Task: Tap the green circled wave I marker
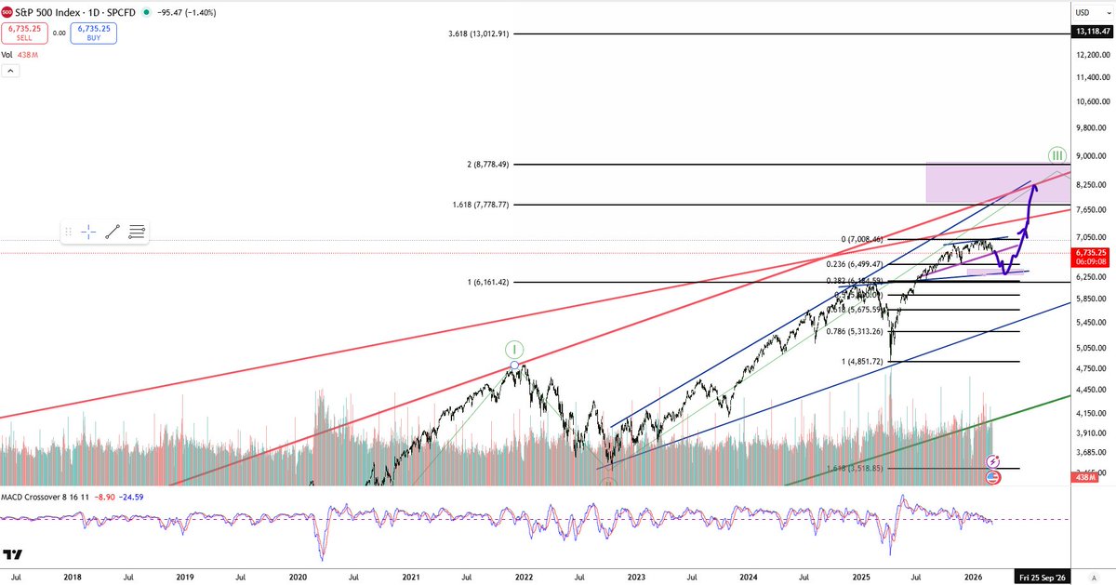[x=515, y=350]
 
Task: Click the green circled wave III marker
[x=1056, y=154]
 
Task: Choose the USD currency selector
[x=1083, y=13]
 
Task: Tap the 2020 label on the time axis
[x=298, y=577]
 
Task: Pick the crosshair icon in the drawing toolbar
[x=90, y=232]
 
